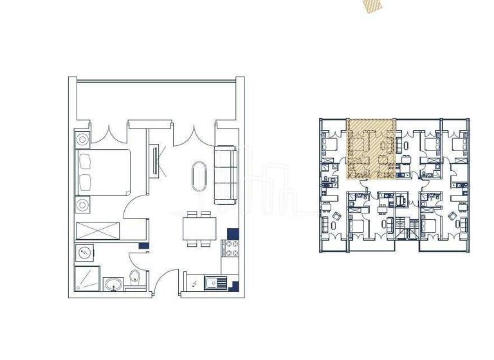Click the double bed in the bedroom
[103, 172]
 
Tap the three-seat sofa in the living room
[225, 175]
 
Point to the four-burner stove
[230, 247]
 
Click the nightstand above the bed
[83, 139]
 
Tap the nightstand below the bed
[83, 206]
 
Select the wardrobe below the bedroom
[98, 230]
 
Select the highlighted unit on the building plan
[370, 148]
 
